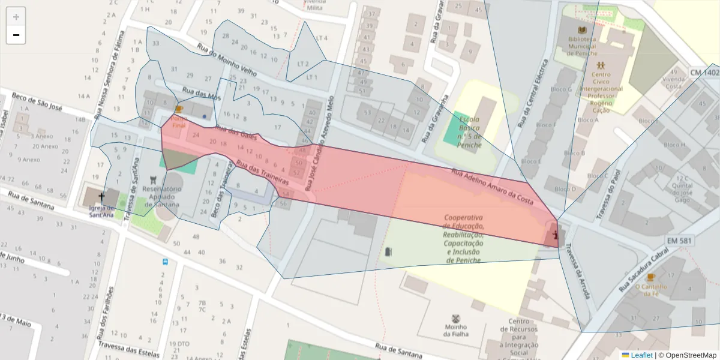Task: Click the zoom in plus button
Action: (x=16, y=17)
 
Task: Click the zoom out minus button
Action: (x=16, y=35)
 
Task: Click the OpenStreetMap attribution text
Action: (x=687, y=355)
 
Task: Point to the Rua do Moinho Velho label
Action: (x=228, y=62)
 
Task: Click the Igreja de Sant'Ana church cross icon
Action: (x=101, y=197)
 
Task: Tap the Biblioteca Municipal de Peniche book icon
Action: (x=581, y=29)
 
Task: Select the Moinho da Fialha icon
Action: (x=456, y=318)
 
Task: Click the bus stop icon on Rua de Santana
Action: (x=165, y=262)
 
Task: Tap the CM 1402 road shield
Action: (x=704, y=73)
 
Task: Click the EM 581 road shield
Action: (x=680, y=241)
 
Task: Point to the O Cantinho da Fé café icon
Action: (x=650, y=277)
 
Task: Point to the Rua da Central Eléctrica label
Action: (x=532, y=93)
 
